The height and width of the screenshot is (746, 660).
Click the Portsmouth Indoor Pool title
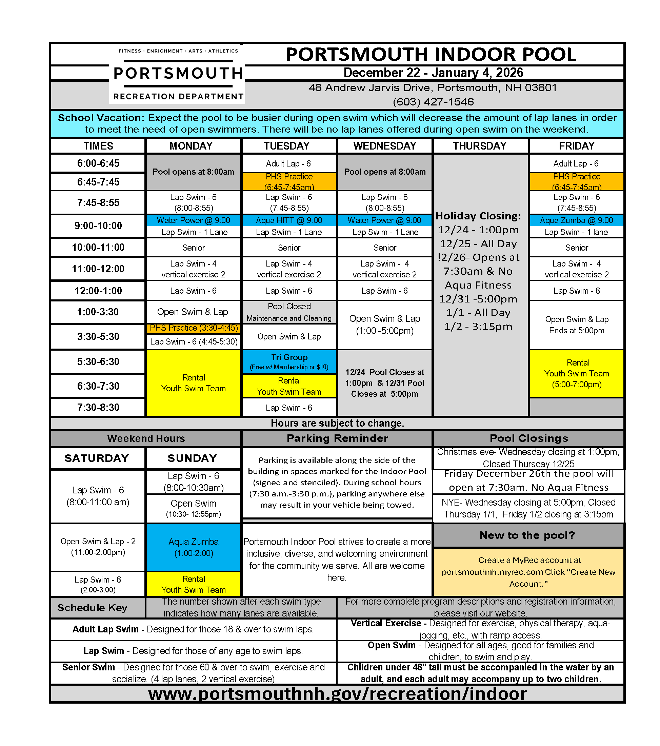click(x=431, y=54)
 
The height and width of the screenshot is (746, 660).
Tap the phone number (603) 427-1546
click(x=433, y=102)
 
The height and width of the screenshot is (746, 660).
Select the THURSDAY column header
click(x=479, y=146)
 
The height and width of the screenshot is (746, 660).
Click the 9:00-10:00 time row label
click(x=98, y=225)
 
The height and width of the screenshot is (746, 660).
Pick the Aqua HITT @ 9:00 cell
click(x=289, y=220)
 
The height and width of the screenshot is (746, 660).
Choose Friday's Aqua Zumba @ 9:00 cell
click(x=577, y=220)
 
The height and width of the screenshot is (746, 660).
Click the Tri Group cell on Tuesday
click(x=289, y=361)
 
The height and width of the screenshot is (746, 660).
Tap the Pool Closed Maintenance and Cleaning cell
click(x=289, y=312)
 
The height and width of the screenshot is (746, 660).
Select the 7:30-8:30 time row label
click(x=98, y=407)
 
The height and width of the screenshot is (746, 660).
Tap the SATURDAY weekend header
click(x=97, y=458)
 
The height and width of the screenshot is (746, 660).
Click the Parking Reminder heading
click(x=337, y=438)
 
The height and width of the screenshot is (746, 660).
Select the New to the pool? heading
click(x=527, y=535)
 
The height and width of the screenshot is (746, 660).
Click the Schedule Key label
click(x=92, y=608)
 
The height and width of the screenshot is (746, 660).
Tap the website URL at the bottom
click(x=337, y=694)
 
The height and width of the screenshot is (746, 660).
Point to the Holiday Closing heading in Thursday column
click(x=478, y=216)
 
